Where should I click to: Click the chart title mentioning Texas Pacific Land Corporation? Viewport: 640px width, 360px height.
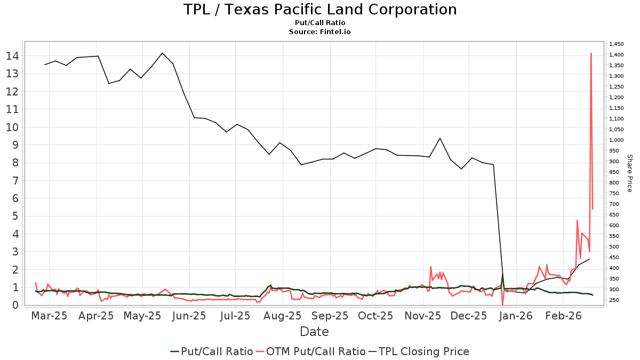tap(320, 10)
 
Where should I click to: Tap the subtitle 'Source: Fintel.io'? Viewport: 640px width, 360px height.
tap(320, 32)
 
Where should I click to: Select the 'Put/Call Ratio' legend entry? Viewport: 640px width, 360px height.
tap(212, 351)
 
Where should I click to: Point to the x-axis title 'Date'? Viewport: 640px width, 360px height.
tap(314, 332)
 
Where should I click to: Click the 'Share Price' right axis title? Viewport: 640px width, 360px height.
tap(629, 173)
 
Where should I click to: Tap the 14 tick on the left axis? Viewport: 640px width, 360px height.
tap(13, 56)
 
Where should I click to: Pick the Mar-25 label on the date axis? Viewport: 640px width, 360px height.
tap(50, 316)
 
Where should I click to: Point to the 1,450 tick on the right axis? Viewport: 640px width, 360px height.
tap(616, 44)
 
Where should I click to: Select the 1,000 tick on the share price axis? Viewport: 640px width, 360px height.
tap(616, 140)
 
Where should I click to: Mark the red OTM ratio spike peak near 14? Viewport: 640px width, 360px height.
tap(591, 53)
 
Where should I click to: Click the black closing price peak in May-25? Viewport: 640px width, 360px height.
tap(162, 53)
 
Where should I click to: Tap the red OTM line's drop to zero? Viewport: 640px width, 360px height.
tap(502, 305)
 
